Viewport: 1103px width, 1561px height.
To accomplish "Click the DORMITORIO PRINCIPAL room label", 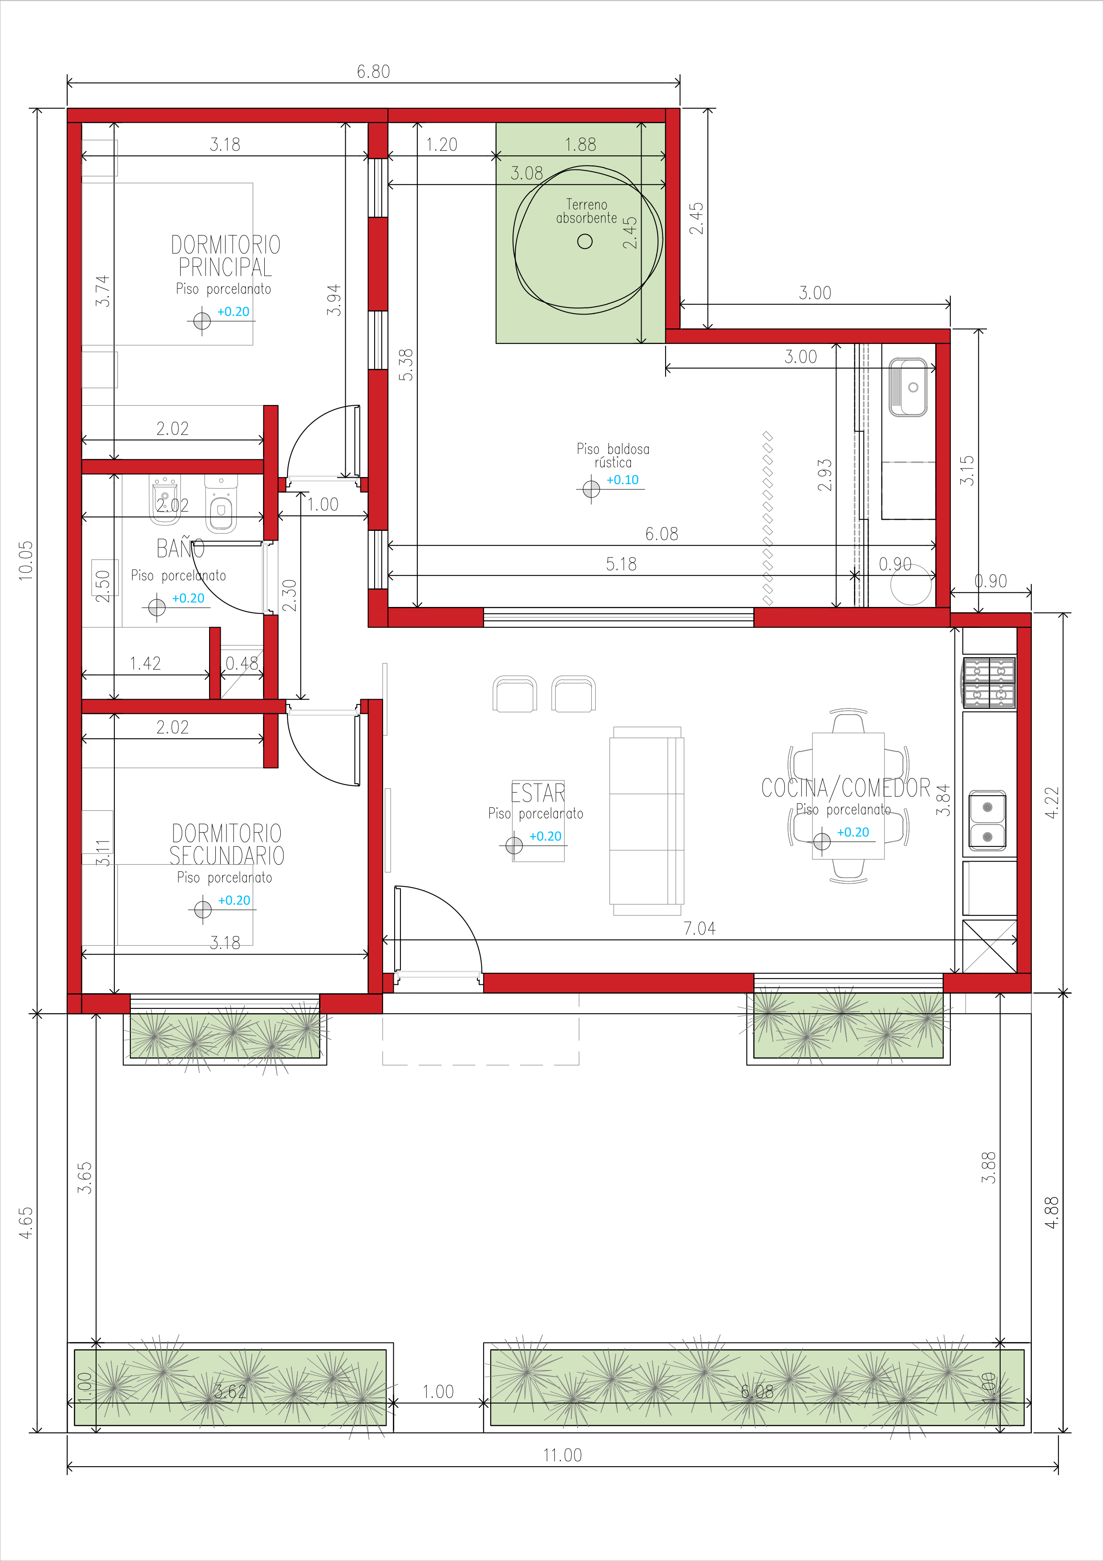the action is pyautogui.click(x=226, y=255).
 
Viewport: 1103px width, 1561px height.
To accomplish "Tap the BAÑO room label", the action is pyautogui.click(x=180, y=548).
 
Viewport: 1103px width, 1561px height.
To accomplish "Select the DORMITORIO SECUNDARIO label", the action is pyautogui.click(x=227, y=845).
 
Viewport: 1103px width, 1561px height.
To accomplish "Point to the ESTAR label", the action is pyautogui.click(x=537, y=793).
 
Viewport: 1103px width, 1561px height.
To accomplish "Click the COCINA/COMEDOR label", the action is pyautogui.click(x=845, y=788).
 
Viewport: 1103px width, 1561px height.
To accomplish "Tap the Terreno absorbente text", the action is pyautogui.click(x=586, y=211).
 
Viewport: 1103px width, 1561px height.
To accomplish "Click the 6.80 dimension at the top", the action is pyautogui.click(x=373, y=71).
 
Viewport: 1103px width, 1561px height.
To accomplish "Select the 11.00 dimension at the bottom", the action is pyautogui.click(x=562, y=1455).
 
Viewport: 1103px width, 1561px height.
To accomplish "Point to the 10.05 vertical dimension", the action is pyautogui.click(x=25, y=560).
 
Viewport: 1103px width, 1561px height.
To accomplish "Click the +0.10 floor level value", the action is pyautogui.click(x=622, y=479).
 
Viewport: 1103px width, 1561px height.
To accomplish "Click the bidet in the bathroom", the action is pyautogui.click(x=165, y=500).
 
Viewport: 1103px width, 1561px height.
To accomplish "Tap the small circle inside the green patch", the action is pyautogui.click(x=585, y=241).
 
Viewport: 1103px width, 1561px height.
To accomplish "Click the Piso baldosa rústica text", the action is pyautogui.click(x=613, y=456).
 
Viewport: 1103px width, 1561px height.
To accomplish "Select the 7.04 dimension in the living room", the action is pyautogui.click(x=699, y=928).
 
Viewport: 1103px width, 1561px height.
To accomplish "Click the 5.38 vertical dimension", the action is pyautogui.click(x=406, y=364).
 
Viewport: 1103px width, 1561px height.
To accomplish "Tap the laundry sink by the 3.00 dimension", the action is pyautogui.click(x=908, y=388).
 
